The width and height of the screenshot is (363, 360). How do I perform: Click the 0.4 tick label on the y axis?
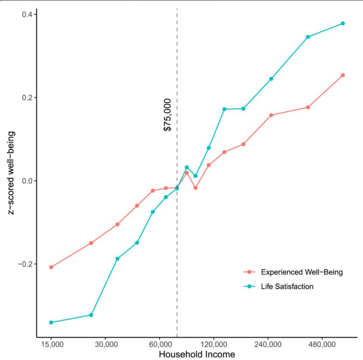(x=27, y=15)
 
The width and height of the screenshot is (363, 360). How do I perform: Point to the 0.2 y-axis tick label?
(x=27, y=97)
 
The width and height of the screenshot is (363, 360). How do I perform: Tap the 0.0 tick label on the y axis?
(x=27, y=180)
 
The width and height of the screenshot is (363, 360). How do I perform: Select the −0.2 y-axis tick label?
(x=25, y=264)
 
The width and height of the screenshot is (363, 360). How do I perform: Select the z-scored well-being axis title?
(x=12, y=173)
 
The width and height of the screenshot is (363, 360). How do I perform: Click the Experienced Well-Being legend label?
(x=301, y=272)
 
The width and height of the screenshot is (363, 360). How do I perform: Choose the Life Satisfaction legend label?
(x=287, y=287)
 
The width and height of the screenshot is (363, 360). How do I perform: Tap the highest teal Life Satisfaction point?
(x=343, y=23)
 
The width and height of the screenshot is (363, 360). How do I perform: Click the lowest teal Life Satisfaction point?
(x=51, y=322)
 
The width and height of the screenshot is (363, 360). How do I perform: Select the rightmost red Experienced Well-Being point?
(x=343, y=75)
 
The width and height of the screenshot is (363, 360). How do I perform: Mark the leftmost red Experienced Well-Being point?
(x=51, y=267)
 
